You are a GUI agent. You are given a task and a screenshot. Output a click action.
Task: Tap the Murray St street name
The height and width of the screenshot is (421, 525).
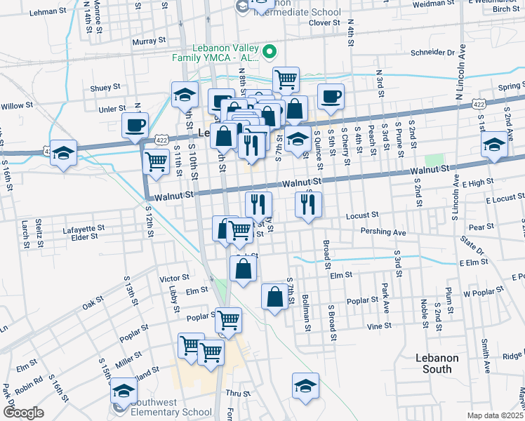147,41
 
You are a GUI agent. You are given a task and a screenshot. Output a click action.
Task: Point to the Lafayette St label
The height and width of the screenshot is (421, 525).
84,228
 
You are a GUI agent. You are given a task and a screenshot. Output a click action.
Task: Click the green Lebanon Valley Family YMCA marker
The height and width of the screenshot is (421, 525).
268,52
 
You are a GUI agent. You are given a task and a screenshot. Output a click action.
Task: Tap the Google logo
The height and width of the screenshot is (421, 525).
23,413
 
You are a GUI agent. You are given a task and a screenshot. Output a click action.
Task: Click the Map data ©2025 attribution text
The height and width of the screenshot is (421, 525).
495,415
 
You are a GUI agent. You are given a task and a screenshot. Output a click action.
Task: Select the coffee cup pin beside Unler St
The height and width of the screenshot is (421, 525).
135,126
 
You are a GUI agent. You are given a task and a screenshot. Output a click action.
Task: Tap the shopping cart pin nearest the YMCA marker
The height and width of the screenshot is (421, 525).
286,80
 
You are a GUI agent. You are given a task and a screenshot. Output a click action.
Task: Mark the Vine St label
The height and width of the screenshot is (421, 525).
378,326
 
